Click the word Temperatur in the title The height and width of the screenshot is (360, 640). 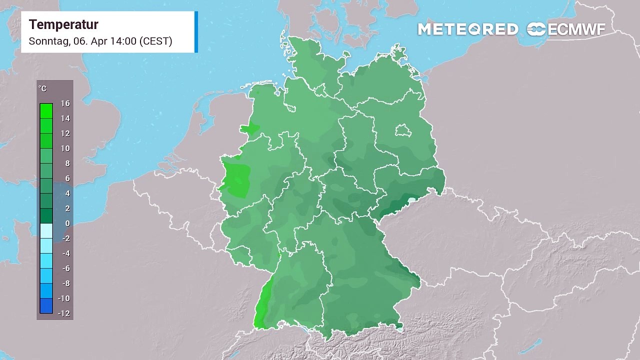63,24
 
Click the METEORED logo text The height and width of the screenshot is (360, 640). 467,29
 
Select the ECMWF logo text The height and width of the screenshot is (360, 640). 576,29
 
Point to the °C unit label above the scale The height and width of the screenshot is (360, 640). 42,88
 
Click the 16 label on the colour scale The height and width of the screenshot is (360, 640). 65,103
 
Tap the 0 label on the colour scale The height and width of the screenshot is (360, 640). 67,223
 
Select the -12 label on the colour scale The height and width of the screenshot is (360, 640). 63,313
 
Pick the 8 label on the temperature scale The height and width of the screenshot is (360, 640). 67,163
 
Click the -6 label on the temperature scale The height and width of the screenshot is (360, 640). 65,268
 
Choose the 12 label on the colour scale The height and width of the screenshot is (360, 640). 65,133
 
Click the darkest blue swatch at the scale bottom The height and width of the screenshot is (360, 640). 46,306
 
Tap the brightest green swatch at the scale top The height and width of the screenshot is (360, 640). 46,110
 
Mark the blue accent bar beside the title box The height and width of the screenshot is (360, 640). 196,31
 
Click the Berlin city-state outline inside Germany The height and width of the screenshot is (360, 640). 402,131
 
